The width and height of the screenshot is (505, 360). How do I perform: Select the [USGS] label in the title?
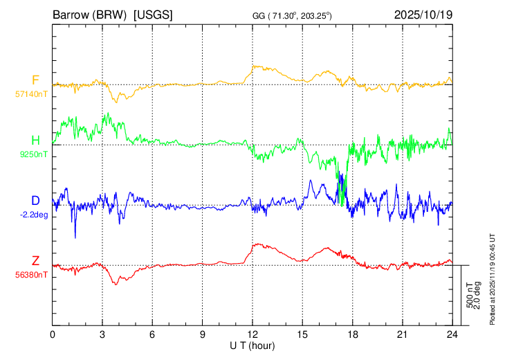(153, 14)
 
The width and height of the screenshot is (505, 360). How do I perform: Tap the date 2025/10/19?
(423, 14)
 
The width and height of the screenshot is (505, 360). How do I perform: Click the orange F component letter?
(35, 80)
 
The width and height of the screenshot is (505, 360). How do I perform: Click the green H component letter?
(35, 140)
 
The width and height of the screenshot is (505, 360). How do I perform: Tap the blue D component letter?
(35, 200)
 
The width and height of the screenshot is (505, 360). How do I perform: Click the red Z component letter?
(35, 260)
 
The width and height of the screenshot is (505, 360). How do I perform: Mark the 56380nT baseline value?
(33, 275)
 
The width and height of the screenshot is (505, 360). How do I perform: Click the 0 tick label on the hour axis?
(53, 334)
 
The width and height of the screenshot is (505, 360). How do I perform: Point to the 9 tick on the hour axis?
(203, 334)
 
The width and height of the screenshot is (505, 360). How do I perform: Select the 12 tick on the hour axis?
(252, 334)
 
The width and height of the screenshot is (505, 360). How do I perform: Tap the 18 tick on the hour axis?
(353, 334)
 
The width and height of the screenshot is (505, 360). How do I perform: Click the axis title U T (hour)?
(252, 344)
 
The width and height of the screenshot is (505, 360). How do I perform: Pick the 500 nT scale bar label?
(470, 295)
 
